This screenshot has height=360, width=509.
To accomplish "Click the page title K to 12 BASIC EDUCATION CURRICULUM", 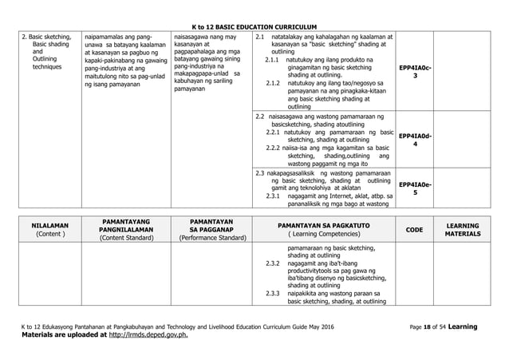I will coord(254,26).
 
